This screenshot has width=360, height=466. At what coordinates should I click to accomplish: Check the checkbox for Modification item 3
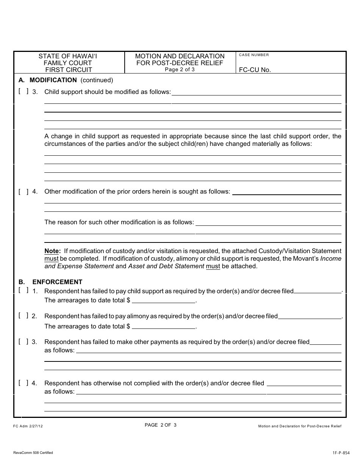coord(23,91)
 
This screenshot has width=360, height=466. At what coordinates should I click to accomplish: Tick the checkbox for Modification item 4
coord(23,191)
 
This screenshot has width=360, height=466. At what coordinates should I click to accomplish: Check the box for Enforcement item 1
coord(23,291)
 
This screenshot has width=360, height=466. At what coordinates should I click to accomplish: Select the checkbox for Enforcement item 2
coord(23,316)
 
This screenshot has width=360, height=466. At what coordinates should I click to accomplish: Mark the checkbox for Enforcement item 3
coord(23,341)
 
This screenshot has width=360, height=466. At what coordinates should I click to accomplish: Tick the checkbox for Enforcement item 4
coord(23,383)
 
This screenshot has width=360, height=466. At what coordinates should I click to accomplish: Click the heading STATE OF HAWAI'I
coord(70,56)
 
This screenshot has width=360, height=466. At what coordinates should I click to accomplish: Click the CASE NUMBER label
coord(254,55)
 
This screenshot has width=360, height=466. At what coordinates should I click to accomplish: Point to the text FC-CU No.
coord(255,70)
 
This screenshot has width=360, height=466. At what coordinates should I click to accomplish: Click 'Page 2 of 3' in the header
coord(180,69)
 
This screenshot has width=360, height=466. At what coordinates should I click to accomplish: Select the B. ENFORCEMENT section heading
coord(50,282)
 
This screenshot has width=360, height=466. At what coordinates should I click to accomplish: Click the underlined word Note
coord(52,251)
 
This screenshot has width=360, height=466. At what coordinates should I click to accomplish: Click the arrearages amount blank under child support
coord(164,300)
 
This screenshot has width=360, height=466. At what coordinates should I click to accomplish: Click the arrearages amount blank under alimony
coord(164,326)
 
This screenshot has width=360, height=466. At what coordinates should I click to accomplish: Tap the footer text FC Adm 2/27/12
coord(28,426)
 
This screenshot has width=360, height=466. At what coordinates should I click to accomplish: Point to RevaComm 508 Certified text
coord(33,453)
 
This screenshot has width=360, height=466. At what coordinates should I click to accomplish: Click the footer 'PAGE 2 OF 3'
coord(161,425)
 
